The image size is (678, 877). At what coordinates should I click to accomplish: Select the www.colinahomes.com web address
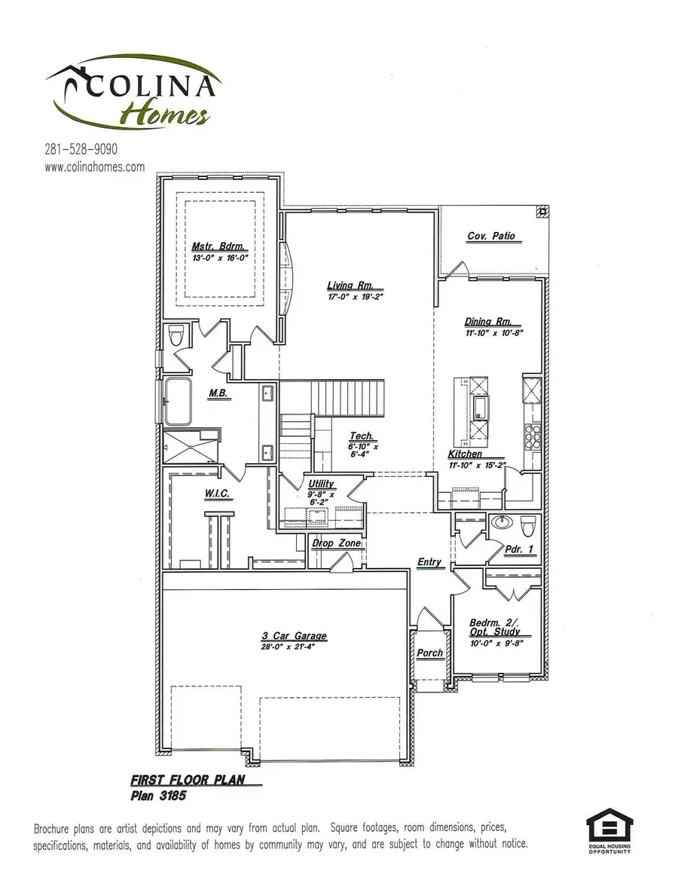click(x=94, y=167)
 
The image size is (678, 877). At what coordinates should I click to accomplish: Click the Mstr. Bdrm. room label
click(x=219, y=246)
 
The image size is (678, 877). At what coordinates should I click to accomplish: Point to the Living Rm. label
click(x=356, y=286)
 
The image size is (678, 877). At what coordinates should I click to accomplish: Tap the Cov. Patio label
click(x=491, y=236)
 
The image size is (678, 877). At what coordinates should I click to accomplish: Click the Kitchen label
click(x=465, y=454)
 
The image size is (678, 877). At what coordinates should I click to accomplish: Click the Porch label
click(x=430, y=652)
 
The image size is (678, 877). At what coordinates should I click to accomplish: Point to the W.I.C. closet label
click(x=216, y=494)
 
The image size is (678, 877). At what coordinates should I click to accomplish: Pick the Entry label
click(x=429, y=562)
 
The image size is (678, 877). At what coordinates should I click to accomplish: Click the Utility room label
click(x=321, y=484)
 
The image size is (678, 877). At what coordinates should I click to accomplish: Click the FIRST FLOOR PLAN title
click(x=188, y=781)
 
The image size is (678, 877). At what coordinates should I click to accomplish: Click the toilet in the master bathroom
click(x=177, y=335)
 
